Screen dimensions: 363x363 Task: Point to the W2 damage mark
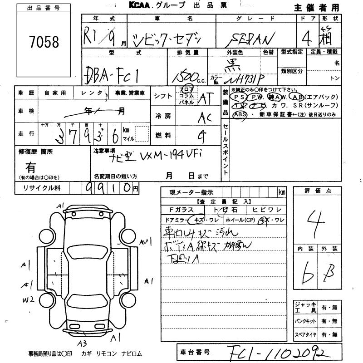tap(29, 300)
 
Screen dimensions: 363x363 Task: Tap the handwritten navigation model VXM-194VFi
tap(154, 159)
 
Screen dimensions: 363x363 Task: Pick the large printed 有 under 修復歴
tap(31, 167)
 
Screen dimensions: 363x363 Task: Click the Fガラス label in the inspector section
tap(181, 210)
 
